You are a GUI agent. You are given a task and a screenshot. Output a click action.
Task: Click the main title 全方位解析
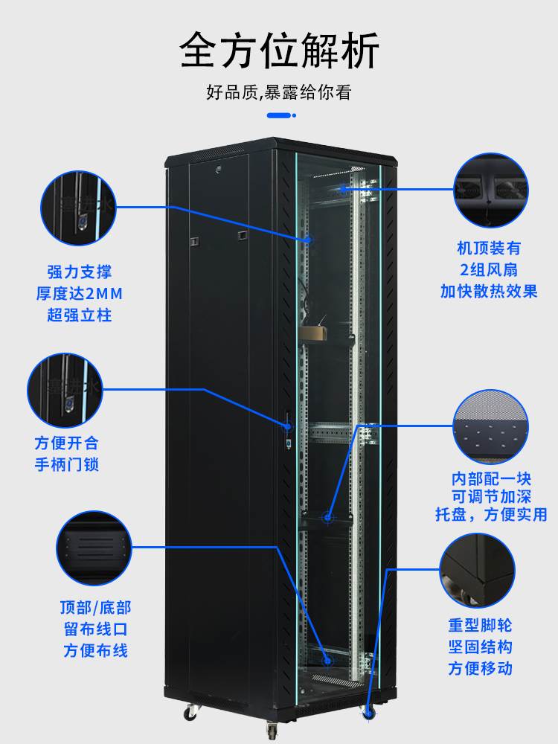(x=279, y=51)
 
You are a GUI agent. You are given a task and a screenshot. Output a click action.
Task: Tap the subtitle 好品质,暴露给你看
(x=279, y=93)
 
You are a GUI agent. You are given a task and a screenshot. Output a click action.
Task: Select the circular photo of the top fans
(x=491, y=190)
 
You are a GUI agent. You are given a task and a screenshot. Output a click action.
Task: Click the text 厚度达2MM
(x=80, y=293)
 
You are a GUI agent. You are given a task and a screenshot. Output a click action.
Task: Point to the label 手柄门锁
(x=66, y=464)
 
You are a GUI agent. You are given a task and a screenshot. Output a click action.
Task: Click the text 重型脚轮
(x=480, y=625)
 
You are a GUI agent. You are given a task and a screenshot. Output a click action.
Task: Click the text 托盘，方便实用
(x=491, y=514)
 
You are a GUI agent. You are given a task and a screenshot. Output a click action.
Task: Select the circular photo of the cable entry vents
(x=93, y=547)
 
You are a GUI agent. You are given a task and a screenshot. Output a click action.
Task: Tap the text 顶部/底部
(x=95, y=607)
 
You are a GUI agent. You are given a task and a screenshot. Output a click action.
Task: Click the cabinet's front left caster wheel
(x=192, y=711)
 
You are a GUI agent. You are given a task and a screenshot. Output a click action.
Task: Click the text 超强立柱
(x=80, y=315)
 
